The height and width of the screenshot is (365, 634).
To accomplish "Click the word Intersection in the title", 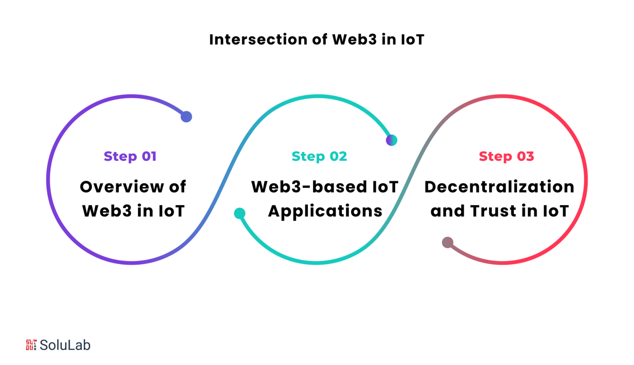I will point(258,40).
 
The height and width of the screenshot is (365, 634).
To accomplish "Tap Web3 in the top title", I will point(354,40).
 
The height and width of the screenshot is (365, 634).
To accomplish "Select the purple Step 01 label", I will point(130,156).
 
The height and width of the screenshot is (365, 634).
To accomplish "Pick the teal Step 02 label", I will point(319,156).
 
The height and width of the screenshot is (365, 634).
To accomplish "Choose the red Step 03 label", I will point(506,156).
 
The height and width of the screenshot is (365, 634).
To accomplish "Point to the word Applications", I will point(325,211).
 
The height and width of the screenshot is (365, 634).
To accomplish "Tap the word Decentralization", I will point(499,187).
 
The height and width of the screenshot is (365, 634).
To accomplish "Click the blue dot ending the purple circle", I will point(187,117).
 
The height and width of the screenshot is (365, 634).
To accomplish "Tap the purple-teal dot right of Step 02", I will point(391,140).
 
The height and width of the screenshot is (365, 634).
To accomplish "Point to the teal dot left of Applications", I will point(240,213).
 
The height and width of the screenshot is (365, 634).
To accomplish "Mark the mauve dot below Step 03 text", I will point(448,243).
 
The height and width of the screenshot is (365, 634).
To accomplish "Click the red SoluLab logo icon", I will point(31,345).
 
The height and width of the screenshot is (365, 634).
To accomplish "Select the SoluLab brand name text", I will point(65,345).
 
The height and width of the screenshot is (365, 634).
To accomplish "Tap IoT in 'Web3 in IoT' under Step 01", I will point(171,211).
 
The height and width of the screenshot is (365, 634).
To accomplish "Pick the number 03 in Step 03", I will point(525,156).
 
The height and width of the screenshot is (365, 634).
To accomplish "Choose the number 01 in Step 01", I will point(149,156).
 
